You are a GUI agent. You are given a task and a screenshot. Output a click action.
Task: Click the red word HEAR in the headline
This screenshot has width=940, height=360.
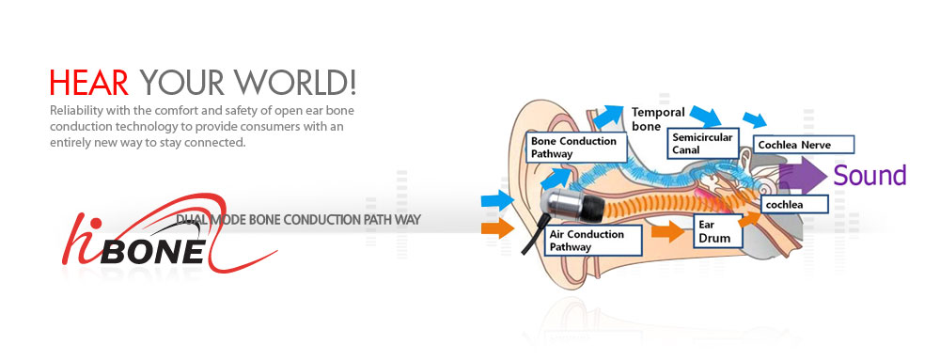[x=89, y=83]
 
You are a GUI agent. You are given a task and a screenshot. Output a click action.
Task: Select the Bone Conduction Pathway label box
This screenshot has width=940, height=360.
[x=572, y=147]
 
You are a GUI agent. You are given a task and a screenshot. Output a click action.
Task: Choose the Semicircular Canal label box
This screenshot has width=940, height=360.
[x=704, y=143]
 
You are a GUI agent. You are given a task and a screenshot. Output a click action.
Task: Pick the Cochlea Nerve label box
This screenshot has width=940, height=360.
[x=805, y=145]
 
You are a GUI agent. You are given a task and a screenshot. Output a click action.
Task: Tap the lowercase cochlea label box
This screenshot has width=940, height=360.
[x=794, y=203]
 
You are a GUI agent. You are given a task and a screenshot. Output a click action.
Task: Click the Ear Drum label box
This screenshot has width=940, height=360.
[x=718, y=231]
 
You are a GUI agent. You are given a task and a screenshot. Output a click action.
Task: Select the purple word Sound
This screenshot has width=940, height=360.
[x=869, y=176]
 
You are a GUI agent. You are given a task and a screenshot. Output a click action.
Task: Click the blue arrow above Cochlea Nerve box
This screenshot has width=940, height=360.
[x=754, y=120]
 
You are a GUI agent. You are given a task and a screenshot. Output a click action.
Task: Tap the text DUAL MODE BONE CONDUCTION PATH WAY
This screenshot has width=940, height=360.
[x=299, y=220]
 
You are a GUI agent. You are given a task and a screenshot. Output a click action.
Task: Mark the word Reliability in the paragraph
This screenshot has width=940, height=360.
[x=80, y=112]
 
